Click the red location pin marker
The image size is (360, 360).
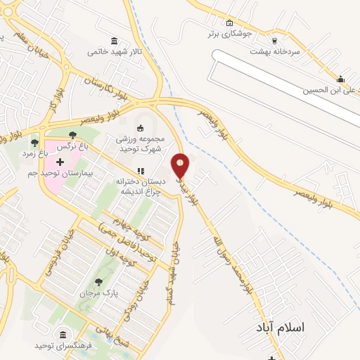[x=181, y=166]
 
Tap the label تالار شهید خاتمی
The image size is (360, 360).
[x=115, y=51]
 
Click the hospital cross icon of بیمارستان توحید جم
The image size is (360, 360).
[x=60, y=162]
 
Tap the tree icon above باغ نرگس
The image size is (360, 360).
[x=73, y=135]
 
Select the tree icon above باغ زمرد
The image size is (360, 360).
[x=34, y=143]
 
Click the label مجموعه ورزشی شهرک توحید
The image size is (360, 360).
[x=139, y=143]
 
